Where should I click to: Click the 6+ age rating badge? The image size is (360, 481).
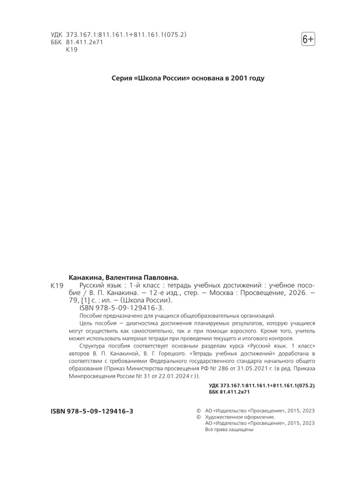pos(308,39)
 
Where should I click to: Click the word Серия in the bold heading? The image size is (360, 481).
pos(122,79)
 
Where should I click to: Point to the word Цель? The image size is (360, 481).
pos(86,323)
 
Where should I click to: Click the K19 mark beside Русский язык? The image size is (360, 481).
pos(57,285)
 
